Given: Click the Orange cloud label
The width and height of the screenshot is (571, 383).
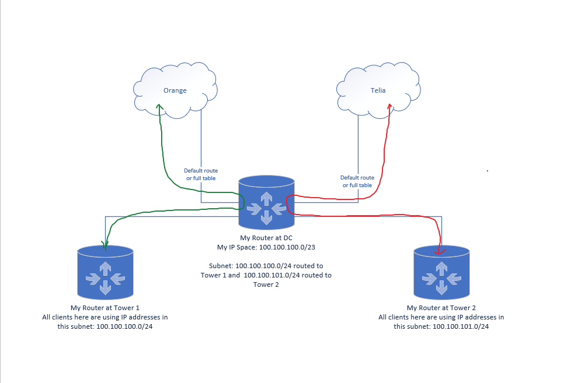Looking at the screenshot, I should [x=175, y=90].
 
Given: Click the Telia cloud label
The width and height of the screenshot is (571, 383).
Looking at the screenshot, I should [x=378, y=90].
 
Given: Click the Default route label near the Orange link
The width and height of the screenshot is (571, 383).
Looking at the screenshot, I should [x=201, y=174].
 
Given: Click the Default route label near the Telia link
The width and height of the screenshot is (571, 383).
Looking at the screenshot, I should [x=357, y=181].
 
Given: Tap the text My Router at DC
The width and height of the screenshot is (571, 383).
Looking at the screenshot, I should [x=266, y=238].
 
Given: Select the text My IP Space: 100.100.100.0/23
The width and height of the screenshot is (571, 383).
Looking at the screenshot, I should [x=266, y=247].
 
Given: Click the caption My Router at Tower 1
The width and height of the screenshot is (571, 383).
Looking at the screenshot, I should [x=105, y=307].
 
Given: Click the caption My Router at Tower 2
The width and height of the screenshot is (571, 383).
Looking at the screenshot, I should [x=441, y=307].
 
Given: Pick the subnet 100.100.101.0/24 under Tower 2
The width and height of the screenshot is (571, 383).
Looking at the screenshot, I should [x=460, y=327].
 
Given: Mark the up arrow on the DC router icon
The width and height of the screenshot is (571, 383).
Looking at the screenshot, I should [x=266, y=197].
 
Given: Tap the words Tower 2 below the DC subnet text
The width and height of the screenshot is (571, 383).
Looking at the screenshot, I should [x=266, y=284].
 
